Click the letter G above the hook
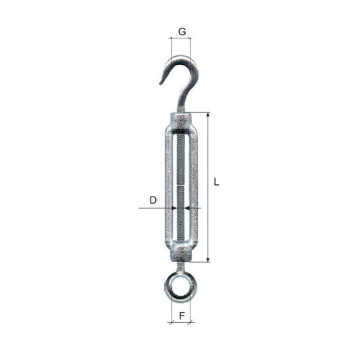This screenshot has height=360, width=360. click(x=181, y=31)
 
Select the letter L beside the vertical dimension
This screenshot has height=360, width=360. click(x=216, y=181)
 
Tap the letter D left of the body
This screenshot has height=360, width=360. click(x=153, y=200)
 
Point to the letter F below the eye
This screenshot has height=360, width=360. click(x=181, y=315)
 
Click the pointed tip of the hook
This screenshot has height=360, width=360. click(x=161, y=83)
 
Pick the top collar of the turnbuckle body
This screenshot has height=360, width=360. click(x=181, y=122)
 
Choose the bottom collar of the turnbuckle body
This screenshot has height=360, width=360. click(x=181, y=253)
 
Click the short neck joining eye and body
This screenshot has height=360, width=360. click(x=180, y=266)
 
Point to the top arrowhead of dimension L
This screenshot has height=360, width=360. click(x=207, y=115)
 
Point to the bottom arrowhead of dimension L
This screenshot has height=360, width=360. click(x=207, y=259)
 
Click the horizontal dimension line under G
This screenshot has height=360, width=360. click(x=180, y=38)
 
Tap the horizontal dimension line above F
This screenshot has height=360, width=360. click(x=180, y=322)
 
